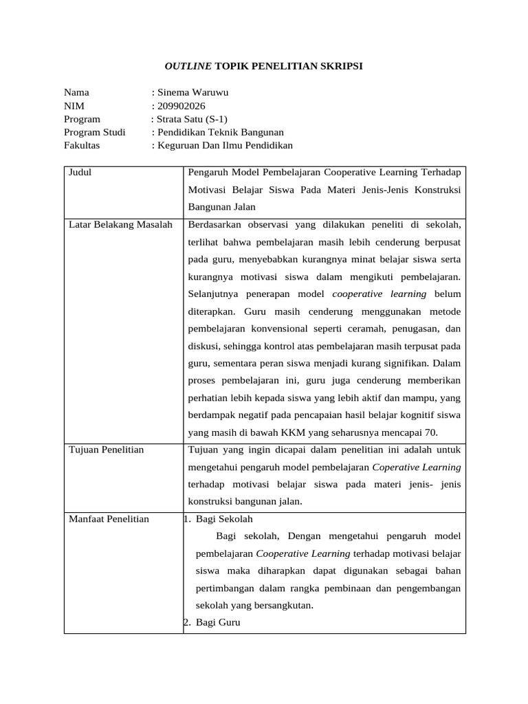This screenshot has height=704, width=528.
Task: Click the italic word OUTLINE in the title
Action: coord(188,66)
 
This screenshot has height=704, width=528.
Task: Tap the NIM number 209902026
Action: coord(181,105)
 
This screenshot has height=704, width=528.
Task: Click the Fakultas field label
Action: coord(82,145)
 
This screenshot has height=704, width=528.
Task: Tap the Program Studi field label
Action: coord(95,132)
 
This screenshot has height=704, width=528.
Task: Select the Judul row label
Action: coord(80,173)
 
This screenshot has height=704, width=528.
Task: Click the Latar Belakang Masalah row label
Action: coord(120,224)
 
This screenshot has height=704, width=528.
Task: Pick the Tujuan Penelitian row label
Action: coord(107,450)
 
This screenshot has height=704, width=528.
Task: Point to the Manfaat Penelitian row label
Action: coord(109,518)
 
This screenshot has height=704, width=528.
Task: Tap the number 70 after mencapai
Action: coord(430,432)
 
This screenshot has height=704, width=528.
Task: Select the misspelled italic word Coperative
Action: coord(397,467)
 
